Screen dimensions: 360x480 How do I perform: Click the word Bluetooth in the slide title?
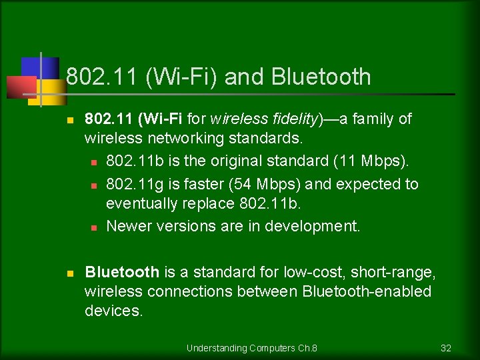(321, 77)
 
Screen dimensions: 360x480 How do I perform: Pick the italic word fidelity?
(296, 119)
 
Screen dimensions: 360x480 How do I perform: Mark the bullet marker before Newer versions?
(94, 227)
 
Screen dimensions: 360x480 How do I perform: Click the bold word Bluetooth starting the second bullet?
(122, 272)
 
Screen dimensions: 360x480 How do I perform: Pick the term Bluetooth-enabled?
(367, 292)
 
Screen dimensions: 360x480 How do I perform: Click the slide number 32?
(446, 348)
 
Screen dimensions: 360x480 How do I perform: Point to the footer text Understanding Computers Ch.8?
(251, 348)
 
